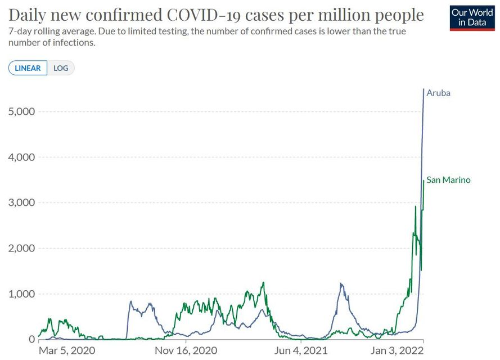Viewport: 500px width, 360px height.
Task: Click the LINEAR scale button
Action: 28,68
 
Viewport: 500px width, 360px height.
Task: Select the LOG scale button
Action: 61,68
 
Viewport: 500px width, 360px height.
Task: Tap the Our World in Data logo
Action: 472,17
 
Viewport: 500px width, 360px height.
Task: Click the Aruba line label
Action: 438,93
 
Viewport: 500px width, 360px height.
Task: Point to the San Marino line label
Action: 448,180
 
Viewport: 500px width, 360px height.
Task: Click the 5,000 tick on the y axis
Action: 22,111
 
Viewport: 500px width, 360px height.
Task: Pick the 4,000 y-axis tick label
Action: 22,157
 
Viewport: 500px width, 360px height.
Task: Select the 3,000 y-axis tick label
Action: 22,202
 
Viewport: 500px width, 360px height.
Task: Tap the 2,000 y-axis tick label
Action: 22,248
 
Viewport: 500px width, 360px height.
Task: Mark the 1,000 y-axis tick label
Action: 22,294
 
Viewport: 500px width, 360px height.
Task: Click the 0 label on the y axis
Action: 31,339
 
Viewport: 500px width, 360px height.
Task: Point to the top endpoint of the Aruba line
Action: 424,89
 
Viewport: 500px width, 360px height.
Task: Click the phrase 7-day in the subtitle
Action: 20,31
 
